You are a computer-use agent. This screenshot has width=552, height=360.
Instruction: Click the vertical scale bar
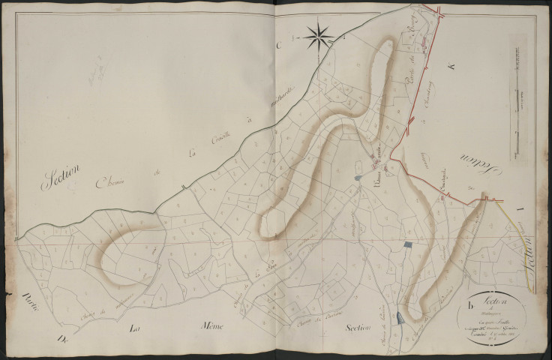click(x=515, y=104)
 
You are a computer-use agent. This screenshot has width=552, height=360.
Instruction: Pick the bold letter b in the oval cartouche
click(x=470, y=304)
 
